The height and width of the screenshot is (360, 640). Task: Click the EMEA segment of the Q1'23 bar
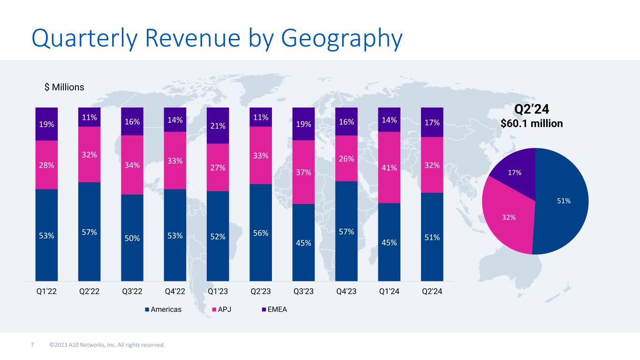click(x=218, y=125)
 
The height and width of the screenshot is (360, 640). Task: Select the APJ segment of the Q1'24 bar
click(x=389, y=167)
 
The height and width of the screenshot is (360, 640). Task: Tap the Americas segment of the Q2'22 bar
click(x=89, y=232)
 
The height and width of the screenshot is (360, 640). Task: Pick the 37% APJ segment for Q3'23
click(x=303, y=172)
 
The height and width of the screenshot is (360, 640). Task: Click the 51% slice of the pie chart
click(x=563, y=201)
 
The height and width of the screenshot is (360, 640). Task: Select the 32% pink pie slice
click(x=510, y=217)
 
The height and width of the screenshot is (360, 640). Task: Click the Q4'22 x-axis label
click(x=175, y=292)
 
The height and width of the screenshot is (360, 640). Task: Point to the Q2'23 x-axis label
click(x=261, y=292)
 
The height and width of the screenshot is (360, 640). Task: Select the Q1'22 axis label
click(x=46, y=292)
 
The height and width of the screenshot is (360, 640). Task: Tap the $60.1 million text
click(x=532, y=123)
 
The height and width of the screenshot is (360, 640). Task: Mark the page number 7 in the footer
click(x=32, y=345)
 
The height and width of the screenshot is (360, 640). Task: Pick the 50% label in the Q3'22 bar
click(x=132, y=238)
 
